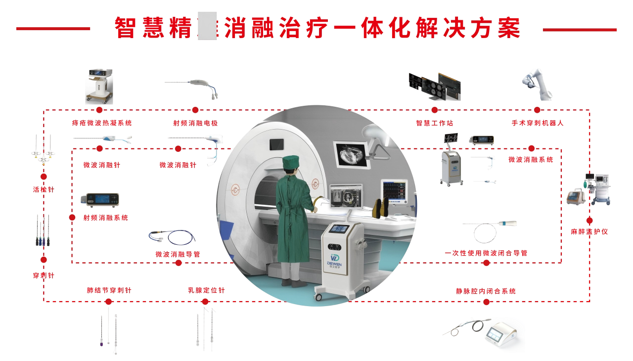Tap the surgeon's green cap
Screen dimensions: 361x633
[x=291, y=162]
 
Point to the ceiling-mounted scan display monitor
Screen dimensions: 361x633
[x=352, y=155]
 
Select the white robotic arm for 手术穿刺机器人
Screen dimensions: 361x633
[x=537, y=83]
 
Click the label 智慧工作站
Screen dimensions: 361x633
[x=435, y=123]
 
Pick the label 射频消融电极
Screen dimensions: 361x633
[x=195, y=123]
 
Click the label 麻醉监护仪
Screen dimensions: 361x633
[x=589, y=231]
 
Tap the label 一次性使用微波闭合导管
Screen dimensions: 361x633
[x=486, y=253]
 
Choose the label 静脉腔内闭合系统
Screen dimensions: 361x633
[x=486, y=291]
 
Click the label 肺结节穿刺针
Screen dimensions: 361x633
[x=109, y=290]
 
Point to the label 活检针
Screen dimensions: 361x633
[x=44, y=189]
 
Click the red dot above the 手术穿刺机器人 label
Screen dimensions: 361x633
[x=537, y=110]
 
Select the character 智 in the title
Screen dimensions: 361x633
[x=125, y=28]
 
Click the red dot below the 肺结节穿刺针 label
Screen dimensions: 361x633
[x=109, y=302]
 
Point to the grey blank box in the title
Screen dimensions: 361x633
[x=207, y=26]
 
